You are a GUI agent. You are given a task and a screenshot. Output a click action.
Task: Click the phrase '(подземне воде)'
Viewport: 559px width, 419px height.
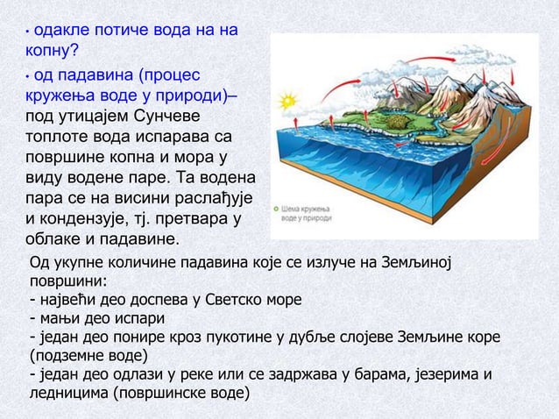pyautogui.click(x=88, y=357)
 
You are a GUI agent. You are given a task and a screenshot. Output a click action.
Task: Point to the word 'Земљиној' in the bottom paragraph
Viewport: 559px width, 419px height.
pyautogui.click(x=429, y=263)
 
